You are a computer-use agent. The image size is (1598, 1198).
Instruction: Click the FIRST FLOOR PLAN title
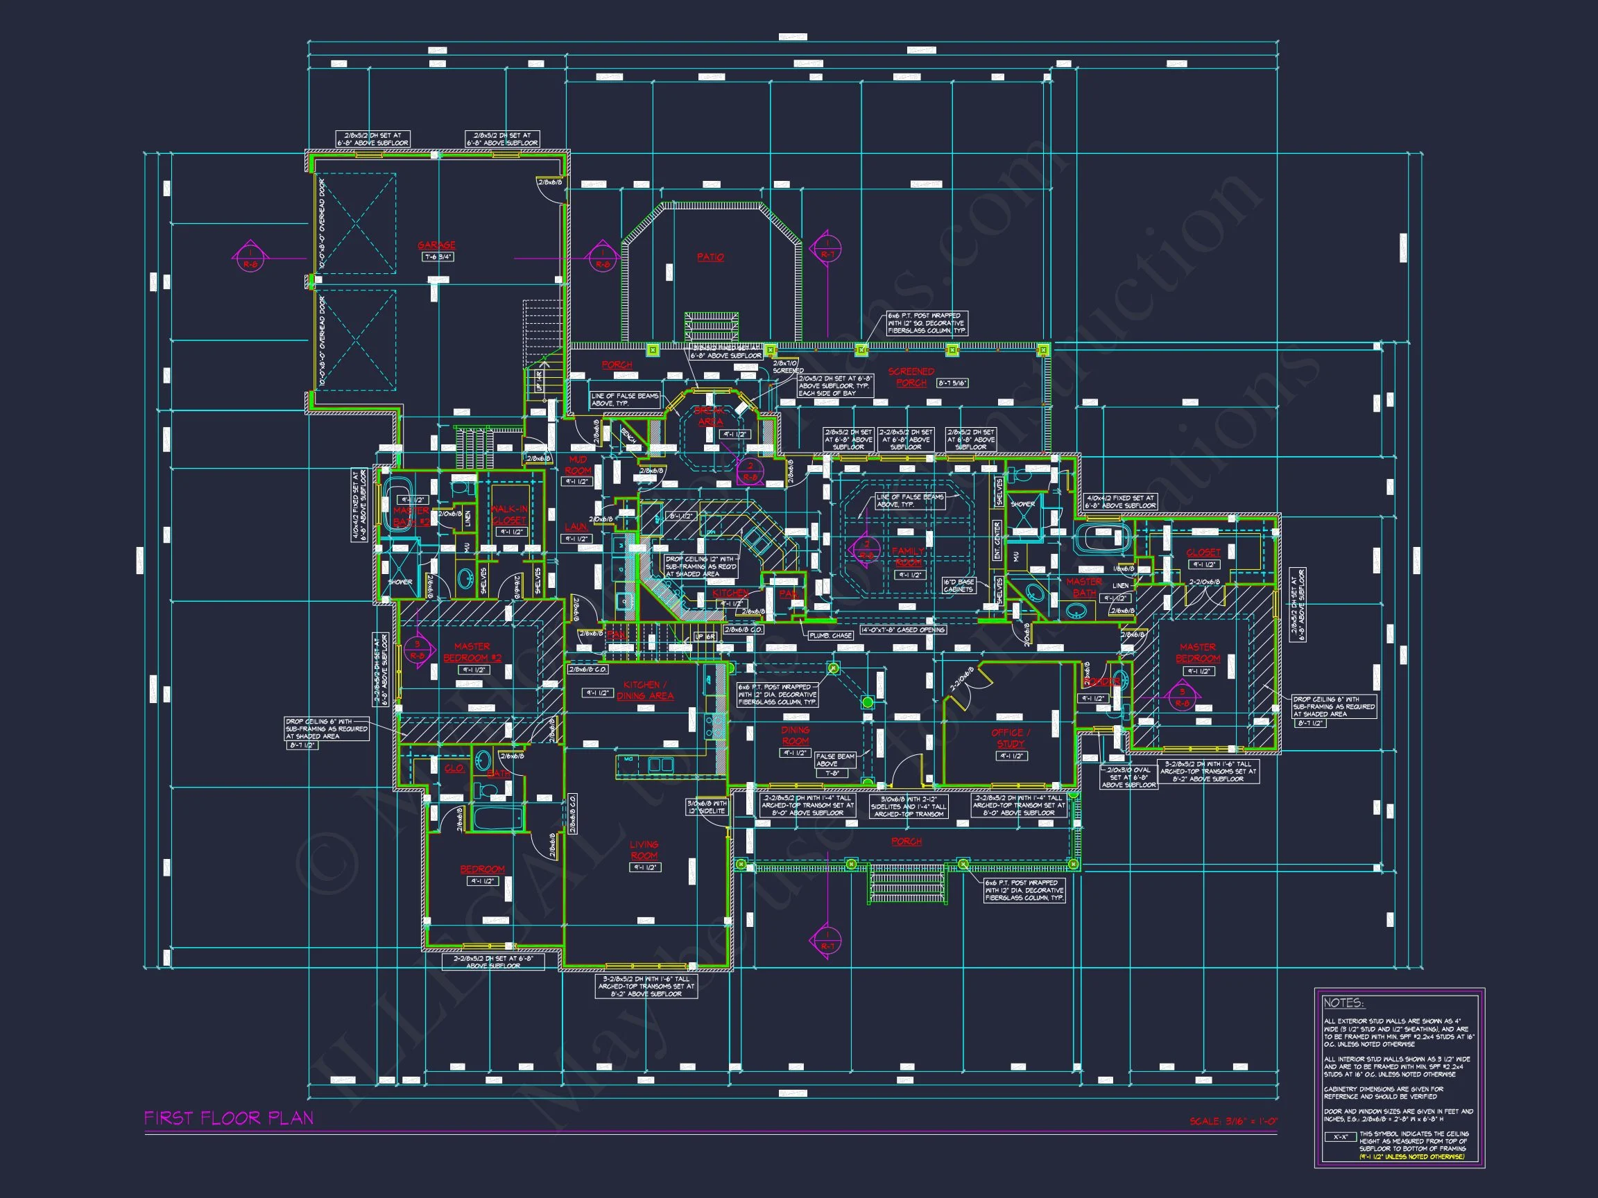pyautogui.click(x=228, y=1118)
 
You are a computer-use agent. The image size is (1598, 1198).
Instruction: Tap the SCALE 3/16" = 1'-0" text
pyautogui.click(x=1233, y=1122)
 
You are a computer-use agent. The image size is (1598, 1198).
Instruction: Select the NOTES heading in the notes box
pyautogui.click(x=1343, y=1003)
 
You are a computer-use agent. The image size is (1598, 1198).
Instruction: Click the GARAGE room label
pyautogui.click(x=436, y=245)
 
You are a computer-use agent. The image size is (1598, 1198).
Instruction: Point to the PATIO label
pyautogui.click(x=710, y=257)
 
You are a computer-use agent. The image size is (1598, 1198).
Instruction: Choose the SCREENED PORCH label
pyautogui.click(x=911, y=377)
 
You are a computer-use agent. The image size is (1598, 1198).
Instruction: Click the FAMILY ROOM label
pyautogui.click(x=908, y=557)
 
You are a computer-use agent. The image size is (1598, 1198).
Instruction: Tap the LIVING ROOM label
pyautogui.click(x=644, y=850)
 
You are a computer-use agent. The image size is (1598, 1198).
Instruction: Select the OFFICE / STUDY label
pyautogui.click(x=1011, y=738)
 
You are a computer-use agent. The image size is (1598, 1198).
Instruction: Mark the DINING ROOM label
pyautogui.click(x=795, y=735)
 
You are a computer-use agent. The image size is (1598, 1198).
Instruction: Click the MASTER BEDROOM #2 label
pyautogui.click(x=472, y=652)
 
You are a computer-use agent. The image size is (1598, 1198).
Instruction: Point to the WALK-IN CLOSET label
pyautogui.click(x=508, y=515)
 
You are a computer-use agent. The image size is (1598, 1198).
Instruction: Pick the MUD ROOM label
pyautogui.click(x=578, y=465)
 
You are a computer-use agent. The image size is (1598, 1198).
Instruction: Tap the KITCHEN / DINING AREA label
pyautogui.click(x=644, y=691)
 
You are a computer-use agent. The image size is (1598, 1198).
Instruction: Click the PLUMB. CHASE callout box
pyautogui.click(x=830, y=636)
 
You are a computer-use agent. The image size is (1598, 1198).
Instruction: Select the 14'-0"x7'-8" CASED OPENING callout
pyautogui.click(x=902, y=630)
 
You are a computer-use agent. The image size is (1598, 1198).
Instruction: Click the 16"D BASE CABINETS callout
pyautogui.click(x=959, y=586)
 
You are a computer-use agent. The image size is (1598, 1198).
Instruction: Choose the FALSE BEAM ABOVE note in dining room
pyautogui.click(x=835, y=761)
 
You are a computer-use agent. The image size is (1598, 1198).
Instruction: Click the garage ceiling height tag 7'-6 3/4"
pyautogui.click(x=438, y=257)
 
